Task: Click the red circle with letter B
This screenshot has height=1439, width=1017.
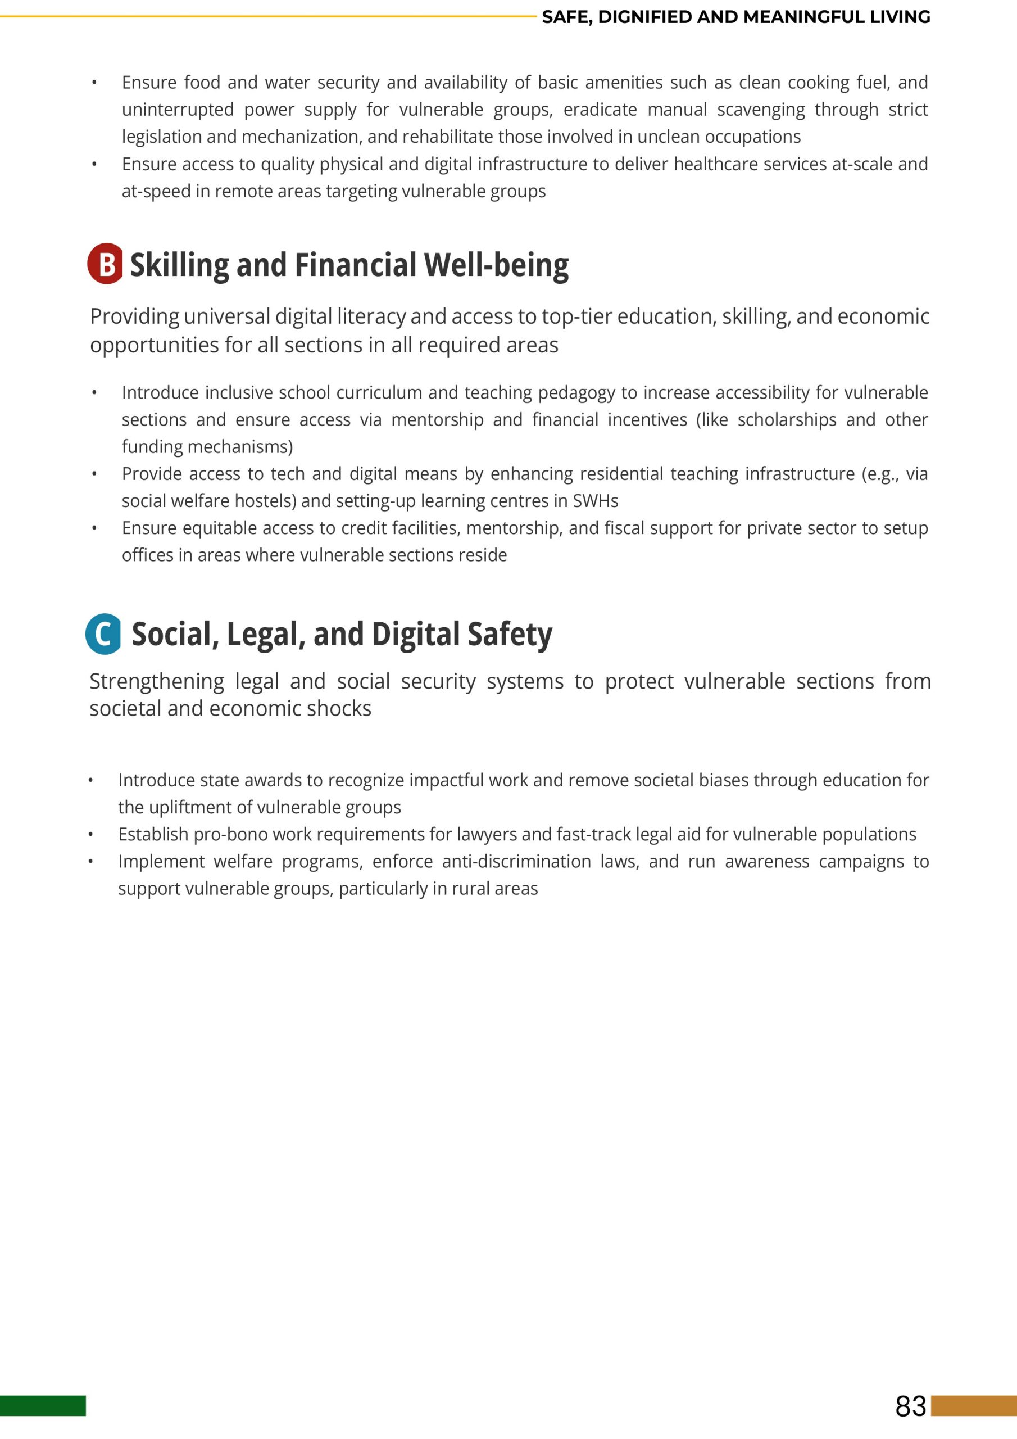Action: [x=105, y=264]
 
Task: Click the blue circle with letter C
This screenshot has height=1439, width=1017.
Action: [x=103, y=633]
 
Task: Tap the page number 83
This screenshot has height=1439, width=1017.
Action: [x=910, y=1406]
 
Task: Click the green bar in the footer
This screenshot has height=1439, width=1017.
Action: [x=43, y=1406]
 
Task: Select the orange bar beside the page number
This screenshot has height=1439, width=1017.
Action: [x=973, y=1406]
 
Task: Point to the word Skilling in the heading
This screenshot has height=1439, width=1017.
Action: [x=179, y=265]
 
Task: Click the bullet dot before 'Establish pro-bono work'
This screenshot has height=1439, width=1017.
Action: [x=91, y=835]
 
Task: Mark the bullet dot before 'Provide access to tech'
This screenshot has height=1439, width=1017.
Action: [x=94, y=474]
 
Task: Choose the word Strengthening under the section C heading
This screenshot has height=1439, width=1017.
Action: [x=157, y=681]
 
